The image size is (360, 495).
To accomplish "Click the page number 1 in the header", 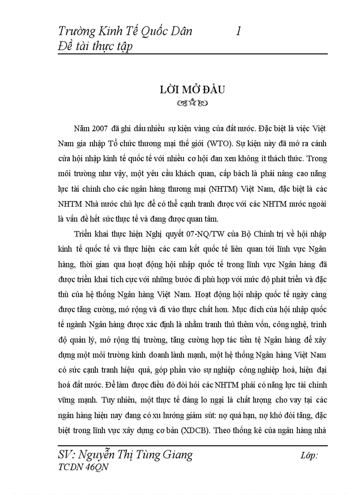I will (x=238, y=31).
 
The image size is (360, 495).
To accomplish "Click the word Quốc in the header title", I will (x=152, y=31).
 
